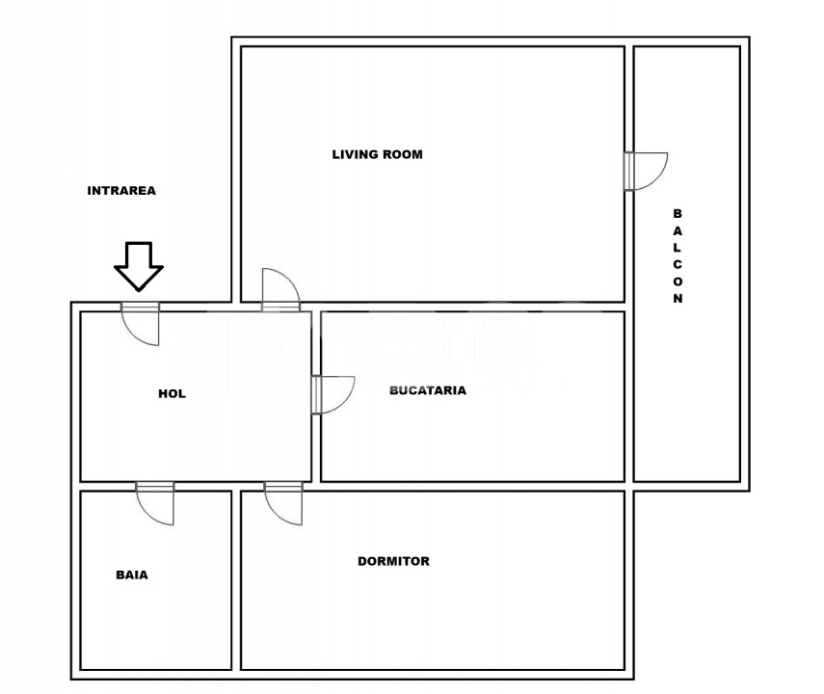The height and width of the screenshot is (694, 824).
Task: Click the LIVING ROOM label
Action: pos(377,154)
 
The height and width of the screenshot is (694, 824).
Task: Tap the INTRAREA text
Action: pos(121,191)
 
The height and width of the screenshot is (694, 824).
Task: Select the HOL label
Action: pos(172,393)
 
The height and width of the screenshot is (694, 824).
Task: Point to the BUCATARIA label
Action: pos(428,390)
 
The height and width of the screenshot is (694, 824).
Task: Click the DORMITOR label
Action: pos(393,561)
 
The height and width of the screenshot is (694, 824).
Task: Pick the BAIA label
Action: pos(132,575)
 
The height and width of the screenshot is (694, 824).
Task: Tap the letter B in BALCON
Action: pos(678,213)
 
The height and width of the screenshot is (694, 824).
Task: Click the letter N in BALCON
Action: pos(678,300)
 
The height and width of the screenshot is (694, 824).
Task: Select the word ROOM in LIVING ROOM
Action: pos(403,154)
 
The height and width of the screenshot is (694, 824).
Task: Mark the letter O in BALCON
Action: pos(678,282)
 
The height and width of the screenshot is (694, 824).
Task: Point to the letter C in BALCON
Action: pos(678,265)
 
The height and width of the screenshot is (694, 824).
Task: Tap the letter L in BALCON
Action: pos(678,248)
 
